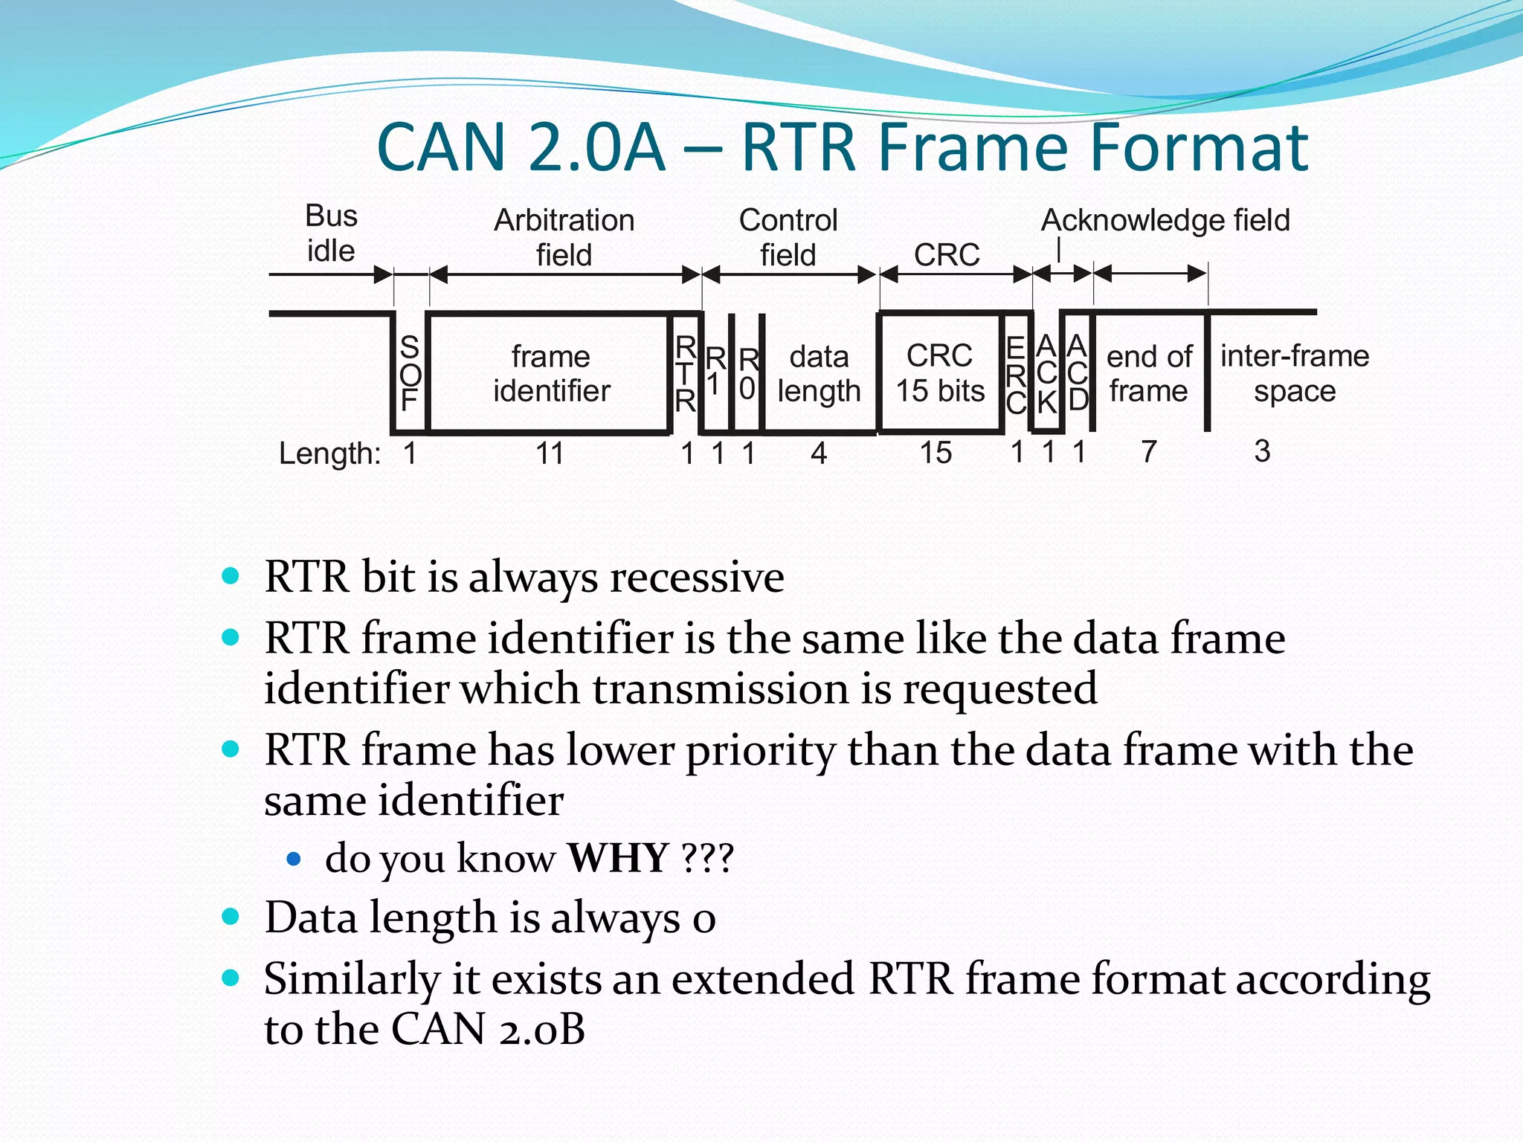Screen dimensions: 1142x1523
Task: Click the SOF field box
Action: [x=410, y=373]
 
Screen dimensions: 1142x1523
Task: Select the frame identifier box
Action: [x=551, y=373]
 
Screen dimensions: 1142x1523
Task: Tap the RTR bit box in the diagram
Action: [x=685, y=373]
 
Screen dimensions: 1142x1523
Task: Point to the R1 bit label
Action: [x=715, y=372]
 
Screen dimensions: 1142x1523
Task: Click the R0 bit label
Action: [x=748, y=373]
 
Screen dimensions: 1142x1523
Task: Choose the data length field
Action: [x=819, y=373]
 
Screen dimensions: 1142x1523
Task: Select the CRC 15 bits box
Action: [x=940, y=373]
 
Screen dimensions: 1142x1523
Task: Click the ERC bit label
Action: [x=1016, y=375]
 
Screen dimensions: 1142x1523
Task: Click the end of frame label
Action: [x=1149, y=373]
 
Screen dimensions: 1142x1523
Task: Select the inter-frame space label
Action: [x=1294, y=373]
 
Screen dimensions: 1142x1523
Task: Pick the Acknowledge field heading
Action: [x=1165, y=220]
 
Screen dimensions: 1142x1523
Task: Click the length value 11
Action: [x=550, y=453]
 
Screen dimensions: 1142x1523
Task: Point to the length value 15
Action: [x=936, y=452]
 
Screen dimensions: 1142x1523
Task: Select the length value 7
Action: [x=1149, y=451]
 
